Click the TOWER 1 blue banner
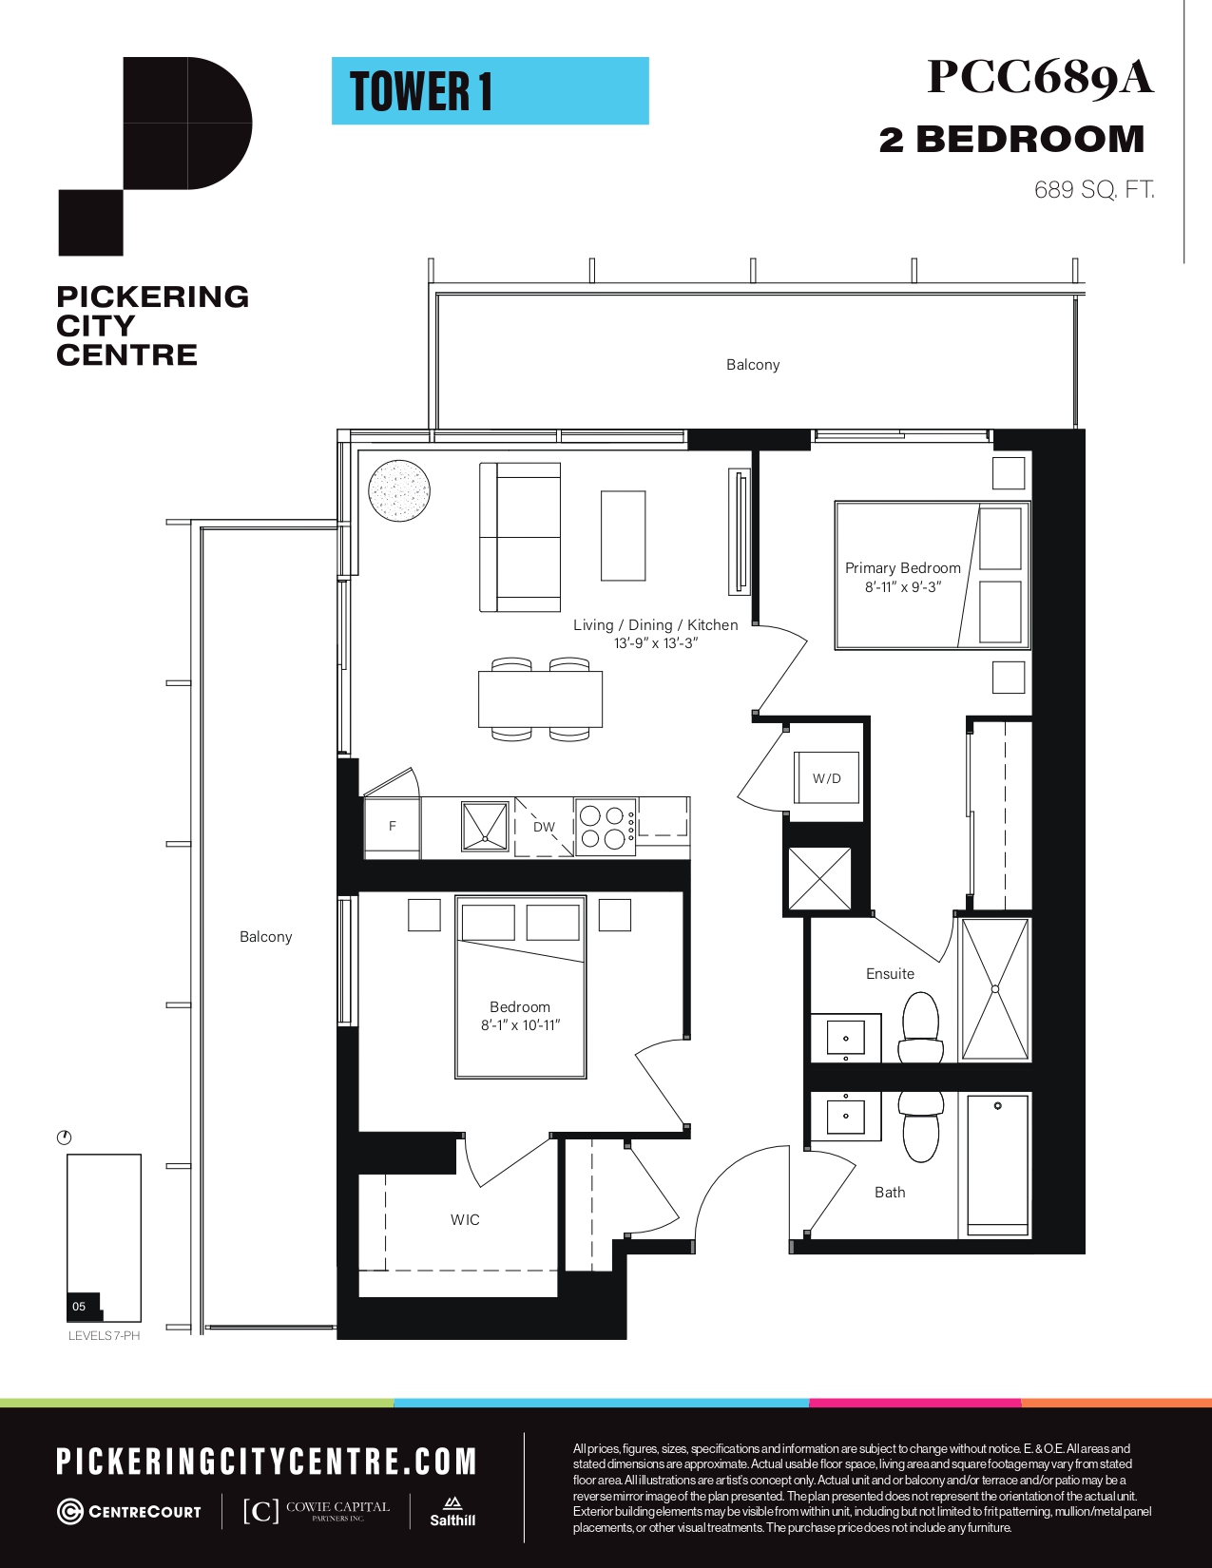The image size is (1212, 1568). point(491,91)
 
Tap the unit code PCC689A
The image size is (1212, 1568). point(1040,77)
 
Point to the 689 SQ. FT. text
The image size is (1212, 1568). point(1094,190)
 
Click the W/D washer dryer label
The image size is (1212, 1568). point(826,778)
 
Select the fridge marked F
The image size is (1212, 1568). point(392,827)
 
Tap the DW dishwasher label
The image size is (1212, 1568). point(544,827)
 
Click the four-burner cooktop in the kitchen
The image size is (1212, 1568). point(605,827)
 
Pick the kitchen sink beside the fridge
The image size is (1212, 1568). point(485,826)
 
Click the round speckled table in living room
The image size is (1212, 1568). point(399,490)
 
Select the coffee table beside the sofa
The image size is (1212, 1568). point(623,535)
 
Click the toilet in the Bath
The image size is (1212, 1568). point(921,1126)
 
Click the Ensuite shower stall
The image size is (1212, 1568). point(995,989)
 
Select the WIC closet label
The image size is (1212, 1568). point(465,1220)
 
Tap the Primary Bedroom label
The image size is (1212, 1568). point(903,568)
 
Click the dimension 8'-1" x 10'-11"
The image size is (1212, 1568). point(521,1025)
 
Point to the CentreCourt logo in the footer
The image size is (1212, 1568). point(129,1511)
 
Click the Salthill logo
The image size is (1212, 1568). point(452,1512)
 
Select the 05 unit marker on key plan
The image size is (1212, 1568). point(80,1306)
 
